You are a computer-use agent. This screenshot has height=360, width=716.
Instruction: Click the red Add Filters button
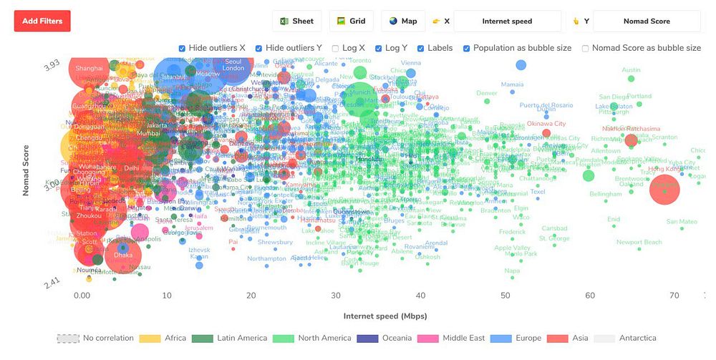pyautogui.click(x=42, y=21)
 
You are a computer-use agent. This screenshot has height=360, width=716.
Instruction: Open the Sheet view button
pyautogui.click(x=297, y=21)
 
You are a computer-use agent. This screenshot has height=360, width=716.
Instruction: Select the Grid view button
pyautogui.click(x=351, y=21)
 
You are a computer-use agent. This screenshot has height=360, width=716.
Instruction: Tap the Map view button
pyautogui.click(x=403, y=21)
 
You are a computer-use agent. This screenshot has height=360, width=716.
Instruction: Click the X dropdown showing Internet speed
pyautogui.click(x=507, y=21)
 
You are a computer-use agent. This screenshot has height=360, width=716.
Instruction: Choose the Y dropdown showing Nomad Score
pyautogui.click(x=646, y=21)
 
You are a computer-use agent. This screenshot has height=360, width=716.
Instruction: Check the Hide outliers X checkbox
pyautogui.click(x=182, y=49)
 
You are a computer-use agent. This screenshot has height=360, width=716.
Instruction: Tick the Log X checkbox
pyautogui.click(x=336, y=49)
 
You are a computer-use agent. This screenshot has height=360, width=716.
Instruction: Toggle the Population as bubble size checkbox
pyautogui.click(x=467, y=49)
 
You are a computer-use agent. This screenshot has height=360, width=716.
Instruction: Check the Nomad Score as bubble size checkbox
pyautogui.click(x=586, y=49)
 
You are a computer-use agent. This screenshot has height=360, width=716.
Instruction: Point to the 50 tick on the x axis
pyautogui.click(x=505, y=295)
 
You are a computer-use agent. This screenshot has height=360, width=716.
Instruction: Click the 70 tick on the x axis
pyautogui.click(x=674, y=295)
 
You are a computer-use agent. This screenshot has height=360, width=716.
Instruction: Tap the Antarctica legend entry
pyautogui.click(x=636, y=339)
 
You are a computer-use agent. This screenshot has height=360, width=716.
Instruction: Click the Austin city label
pyautogui.click(x=631, y=70)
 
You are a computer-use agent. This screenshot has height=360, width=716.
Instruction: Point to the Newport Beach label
pyautogui.click(x=639, y=243)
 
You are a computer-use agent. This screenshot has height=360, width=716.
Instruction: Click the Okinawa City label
pyautogui.click(x=546, y=124)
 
